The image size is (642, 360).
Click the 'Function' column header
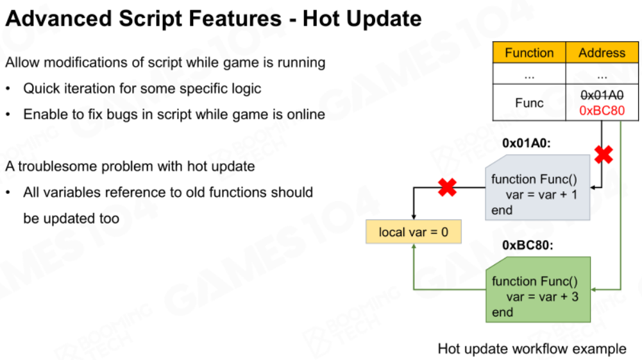pyautogui.click(x=529, y=53)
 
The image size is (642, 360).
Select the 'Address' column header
pyautogui.click(x=602, y=53)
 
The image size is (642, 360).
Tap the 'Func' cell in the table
pyautogui.click(x=529, y=103)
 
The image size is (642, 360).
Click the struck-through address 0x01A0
pyautogui.click(x=602, y=95)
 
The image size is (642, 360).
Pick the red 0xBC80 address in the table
pyautogui.click(x=602, y=110)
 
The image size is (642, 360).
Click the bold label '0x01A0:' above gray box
pyautogui.click(x=527, y=143)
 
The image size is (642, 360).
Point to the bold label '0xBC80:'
pyautogui.click(x=528, y=245)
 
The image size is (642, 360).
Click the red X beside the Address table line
pyautogui.click(x=604, y=155)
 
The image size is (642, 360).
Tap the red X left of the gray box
pyautogui.click(x=447, y=187)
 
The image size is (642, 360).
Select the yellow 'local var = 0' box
pyautogui.click(x=414, y=232)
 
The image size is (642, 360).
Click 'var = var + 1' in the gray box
pyautogui.click(x=541, y=194)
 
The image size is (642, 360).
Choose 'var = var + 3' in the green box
pyautogui.click(x=542, y=296)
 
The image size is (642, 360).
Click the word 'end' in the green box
pyautogui.click(x=502, y=312)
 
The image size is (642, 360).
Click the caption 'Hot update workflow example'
pyautogui.click(x=532, y=348)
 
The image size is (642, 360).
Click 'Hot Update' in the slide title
pyautogui.click(x=362, y=19)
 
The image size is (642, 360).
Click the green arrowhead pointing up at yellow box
pyautogui.click(x=414, y=247)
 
